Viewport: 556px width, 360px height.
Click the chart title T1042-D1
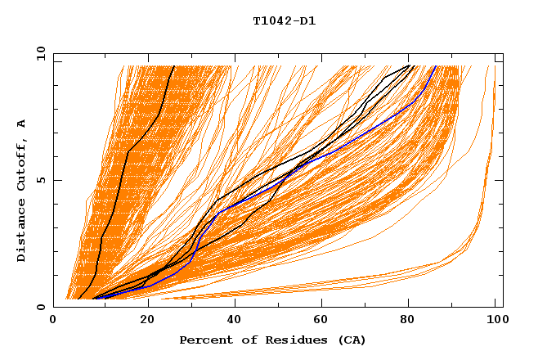coord(284,21)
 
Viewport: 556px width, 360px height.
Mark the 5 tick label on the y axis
coord(41,180)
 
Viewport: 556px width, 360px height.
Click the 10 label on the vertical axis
coord(38,53)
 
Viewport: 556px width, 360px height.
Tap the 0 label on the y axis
coord(41,307)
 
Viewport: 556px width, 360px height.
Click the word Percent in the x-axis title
coord(204,340)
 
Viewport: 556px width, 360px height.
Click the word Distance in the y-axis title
coord(22,232)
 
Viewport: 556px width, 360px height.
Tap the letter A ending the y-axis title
coord(22,123)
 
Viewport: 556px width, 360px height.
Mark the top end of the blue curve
coord(436,66)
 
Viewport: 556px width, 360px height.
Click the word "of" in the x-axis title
coord(244,340)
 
